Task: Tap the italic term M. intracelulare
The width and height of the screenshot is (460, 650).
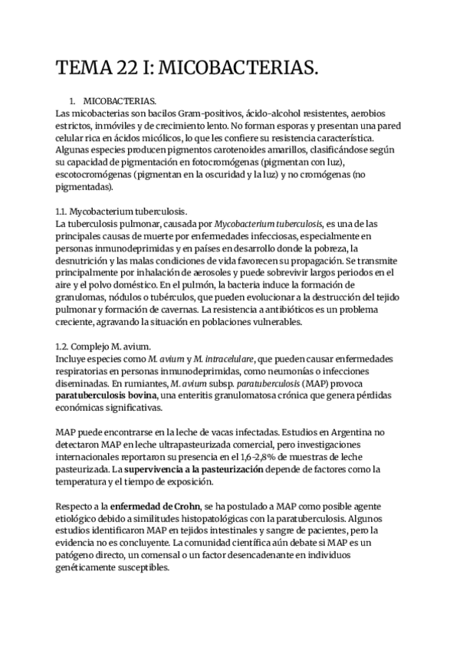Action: tap(232, 358)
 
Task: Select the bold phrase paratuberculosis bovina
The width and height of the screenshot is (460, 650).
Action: tap(107, 395)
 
